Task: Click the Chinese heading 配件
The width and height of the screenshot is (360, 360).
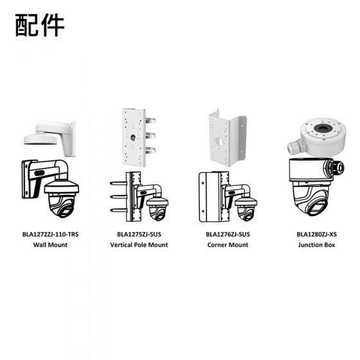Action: [40, 25]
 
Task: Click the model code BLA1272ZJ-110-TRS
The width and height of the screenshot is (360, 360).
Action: [50, 235]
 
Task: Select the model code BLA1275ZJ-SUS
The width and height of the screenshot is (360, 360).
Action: [139, 235]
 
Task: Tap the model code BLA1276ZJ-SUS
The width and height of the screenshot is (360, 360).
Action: [228, 235]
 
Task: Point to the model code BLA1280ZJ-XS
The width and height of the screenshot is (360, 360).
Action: [316, 235]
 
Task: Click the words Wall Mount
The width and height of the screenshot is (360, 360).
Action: [50, 245]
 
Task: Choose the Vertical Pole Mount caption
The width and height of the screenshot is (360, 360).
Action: [139, 245]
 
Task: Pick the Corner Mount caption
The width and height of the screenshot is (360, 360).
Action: [228, 245]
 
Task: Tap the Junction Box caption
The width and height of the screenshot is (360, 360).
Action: [316, 245]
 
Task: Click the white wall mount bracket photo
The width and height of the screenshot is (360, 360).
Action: [50, 138]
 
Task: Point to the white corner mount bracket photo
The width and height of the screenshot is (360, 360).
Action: [228, 138]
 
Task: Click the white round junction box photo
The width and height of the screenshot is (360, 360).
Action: [316, 138]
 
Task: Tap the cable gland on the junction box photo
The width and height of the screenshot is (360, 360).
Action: [296, 147]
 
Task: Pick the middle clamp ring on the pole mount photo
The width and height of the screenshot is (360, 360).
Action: [150, 136]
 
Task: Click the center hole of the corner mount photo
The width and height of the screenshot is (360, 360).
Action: [219, 142]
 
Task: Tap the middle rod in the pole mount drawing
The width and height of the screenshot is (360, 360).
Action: [118, 197]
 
